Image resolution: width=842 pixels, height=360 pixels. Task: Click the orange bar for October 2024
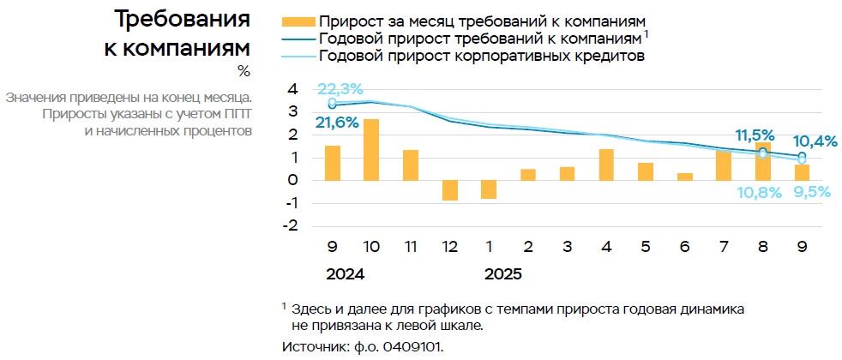point(372,150)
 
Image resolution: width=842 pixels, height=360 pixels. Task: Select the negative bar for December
point(449,190)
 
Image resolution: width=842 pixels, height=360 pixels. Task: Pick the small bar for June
point(684,177)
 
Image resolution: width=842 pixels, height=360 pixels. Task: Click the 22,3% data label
point(340,88)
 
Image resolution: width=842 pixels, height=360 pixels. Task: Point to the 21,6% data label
point(337,123)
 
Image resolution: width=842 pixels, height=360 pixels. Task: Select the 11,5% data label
point(755,135)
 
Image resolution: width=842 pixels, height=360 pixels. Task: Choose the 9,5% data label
point(811,192)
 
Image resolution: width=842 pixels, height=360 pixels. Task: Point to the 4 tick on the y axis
point(293,89)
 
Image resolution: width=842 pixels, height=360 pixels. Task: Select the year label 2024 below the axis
point(345,275)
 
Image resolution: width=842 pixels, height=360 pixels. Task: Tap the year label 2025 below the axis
point(503,275)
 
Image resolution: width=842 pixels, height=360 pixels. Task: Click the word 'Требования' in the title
point(182,19)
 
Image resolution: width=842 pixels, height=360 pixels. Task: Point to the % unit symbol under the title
point(244,71)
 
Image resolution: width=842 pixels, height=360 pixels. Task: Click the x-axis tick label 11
point(411,247)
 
